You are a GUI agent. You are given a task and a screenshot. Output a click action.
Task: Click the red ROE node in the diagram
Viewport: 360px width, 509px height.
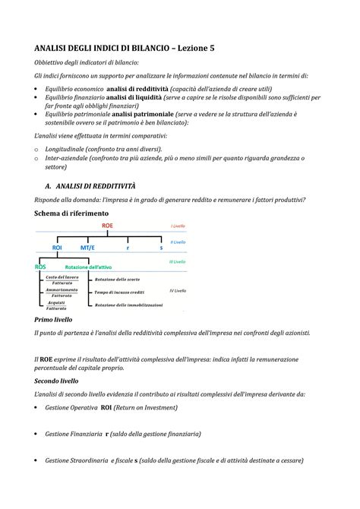(x=106, y=226)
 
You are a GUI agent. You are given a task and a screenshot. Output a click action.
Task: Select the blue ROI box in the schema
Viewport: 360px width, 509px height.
(x=57, y=248)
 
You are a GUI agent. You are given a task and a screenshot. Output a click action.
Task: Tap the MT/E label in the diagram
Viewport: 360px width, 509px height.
(x=88, y=248)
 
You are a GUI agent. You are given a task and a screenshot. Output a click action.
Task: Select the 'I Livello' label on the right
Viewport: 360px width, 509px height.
(x=178, y=226)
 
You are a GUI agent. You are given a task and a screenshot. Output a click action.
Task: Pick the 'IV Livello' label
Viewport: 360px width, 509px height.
(x=177, y=291)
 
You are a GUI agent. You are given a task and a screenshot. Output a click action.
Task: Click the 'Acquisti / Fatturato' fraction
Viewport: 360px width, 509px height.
(x=55, y=306)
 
